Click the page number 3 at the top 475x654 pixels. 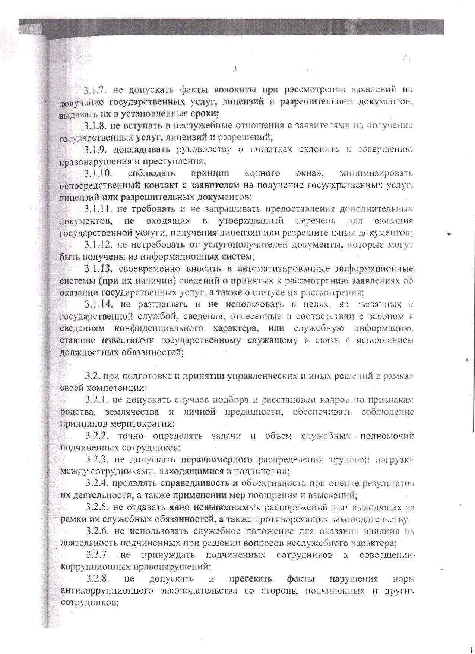pos(235,69)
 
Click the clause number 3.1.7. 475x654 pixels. pos(95,90)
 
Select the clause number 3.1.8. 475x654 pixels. pos(96,126)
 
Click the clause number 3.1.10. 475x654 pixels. pos(98,173)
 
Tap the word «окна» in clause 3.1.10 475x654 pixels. pos(310,173)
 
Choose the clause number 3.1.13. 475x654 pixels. pos(98,269)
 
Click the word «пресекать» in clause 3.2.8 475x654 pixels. pos(250,579)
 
